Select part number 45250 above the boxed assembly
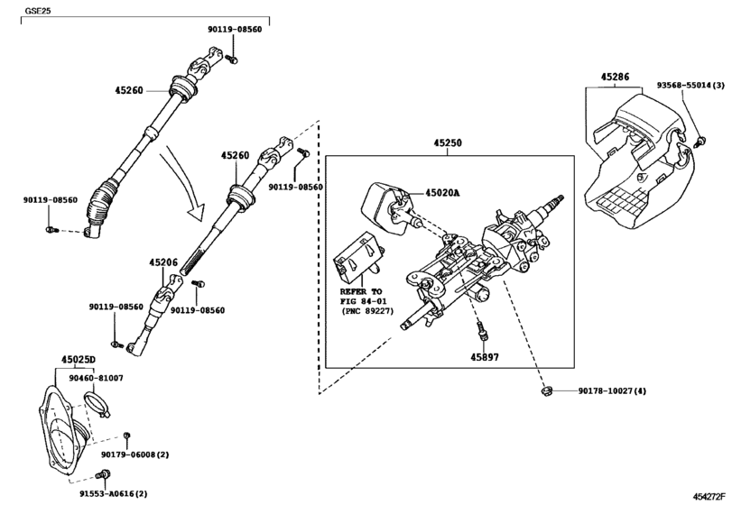coord(449,143)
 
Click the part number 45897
coord(483,357)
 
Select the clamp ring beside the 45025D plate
coord(98,401)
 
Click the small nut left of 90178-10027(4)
coord(546,390)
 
